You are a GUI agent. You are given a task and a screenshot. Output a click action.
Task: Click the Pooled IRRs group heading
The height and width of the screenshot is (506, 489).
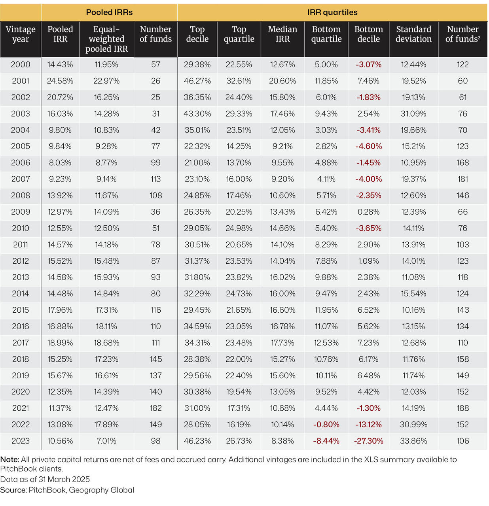coord(109,12)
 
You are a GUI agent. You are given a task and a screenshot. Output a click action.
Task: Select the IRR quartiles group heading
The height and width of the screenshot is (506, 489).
coord(332,12)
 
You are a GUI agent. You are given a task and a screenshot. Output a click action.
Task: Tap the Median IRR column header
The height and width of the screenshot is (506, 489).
coord(282,34)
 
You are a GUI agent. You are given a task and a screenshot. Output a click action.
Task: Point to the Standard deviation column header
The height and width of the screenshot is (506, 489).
coord(413,34)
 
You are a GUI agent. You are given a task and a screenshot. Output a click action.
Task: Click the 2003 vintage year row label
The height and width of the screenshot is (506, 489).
coord(21,114)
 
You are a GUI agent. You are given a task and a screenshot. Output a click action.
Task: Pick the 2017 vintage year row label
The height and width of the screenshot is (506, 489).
coord(21,343)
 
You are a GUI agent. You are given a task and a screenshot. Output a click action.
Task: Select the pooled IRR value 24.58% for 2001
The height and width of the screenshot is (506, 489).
coord(60,81)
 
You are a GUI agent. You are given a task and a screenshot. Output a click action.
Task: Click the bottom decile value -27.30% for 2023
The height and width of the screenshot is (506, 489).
coord(368,441)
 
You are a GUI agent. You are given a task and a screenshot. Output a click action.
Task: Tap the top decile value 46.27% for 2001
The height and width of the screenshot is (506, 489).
coord(197,81)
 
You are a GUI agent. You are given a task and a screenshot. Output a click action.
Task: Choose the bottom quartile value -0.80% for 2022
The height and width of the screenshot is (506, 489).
coord(326,425)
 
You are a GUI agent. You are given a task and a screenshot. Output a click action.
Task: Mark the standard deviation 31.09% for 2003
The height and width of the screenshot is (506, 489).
coord(413,114)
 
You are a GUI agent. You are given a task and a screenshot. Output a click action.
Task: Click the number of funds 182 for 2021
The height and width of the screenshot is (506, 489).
coord(155,408)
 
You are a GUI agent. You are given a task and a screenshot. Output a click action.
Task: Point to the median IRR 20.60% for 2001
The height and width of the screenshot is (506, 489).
coord(282,81)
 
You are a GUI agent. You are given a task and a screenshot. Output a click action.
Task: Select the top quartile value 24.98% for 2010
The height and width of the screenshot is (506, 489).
coord(239,228)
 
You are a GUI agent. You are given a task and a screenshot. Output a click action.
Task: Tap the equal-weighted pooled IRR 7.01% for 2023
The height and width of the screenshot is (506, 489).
coord(106,441)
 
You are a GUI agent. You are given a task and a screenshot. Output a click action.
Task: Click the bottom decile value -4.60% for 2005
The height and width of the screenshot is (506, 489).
coord(368,147)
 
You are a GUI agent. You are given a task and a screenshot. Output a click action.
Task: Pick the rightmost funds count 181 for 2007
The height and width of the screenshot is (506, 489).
coord(462,179)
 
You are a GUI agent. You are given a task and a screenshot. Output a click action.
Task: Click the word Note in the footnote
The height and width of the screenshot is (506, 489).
coord(9,460)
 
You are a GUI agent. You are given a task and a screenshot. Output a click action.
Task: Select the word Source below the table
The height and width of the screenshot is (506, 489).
coord(13,490)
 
